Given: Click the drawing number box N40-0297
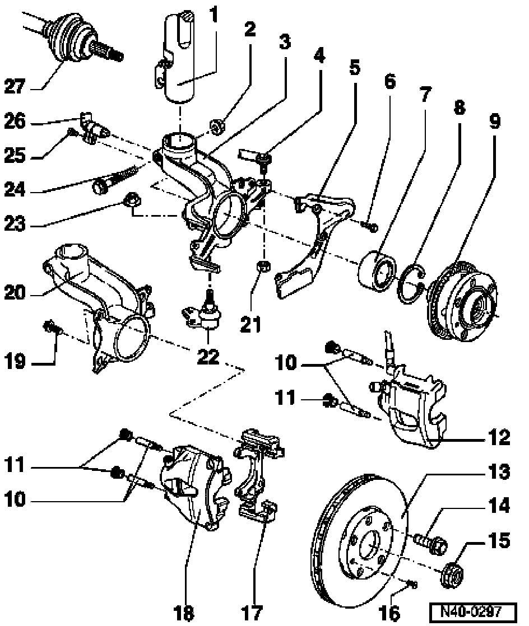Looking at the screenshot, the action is point(473,611).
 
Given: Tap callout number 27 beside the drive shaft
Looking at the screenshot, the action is point(15,86).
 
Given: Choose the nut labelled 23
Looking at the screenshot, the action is point(132,198).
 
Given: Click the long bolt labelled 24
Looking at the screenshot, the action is point(117,179).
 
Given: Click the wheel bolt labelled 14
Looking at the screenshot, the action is point(431,543).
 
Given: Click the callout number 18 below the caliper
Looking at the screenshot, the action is point(184,611).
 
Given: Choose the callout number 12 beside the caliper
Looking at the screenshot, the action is point(499,437).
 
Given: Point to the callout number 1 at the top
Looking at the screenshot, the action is point(214,15).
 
